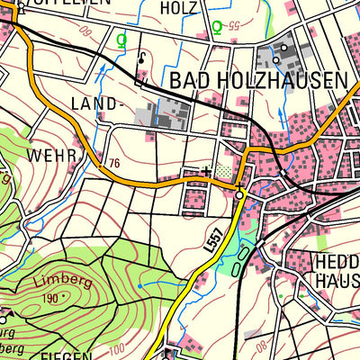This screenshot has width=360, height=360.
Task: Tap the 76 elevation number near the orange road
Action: (112, 163)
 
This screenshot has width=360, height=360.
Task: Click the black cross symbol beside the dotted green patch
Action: (208, 169)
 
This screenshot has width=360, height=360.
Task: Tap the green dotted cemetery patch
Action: (224, 169)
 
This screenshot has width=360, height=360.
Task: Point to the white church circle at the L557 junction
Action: (238, 193)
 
